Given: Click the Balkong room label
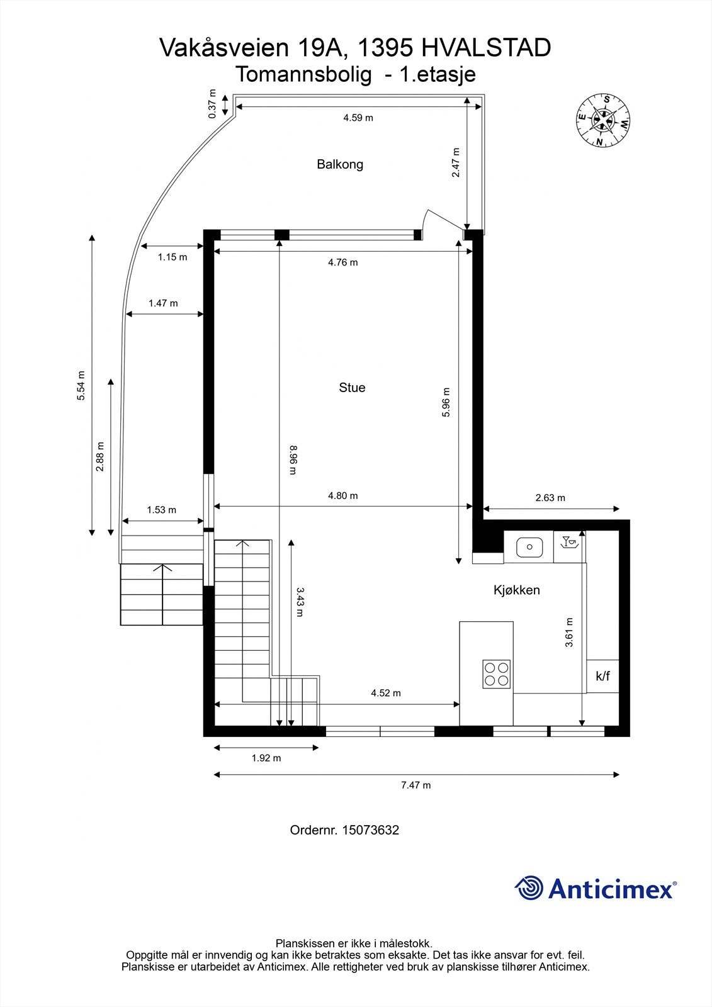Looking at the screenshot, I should pos(340,164).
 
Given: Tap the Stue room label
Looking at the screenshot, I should pos(352,388).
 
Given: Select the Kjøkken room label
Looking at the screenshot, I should pos(516,590).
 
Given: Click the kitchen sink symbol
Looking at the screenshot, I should pos(529,547).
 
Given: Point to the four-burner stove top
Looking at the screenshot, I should pos(496,673).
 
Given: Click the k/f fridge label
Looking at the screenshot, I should pos(602,677).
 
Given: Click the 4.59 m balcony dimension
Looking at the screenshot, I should pos(358,118).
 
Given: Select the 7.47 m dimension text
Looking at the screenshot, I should pos(415,785).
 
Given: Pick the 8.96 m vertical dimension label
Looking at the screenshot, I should pos(292,460).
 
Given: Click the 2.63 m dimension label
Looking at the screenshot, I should pos(550,498).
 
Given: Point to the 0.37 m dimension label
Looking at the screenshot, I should pos(212,104).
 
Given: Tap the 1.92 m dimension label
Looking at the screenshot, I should pos(266,758).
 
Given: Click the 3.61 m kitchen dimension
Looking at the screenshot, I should pos(569,632).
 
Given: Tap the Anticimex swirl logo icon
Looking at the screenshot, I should pos(529,888).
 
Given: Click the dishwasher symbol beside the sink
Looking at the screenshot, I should pos(569,543).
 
